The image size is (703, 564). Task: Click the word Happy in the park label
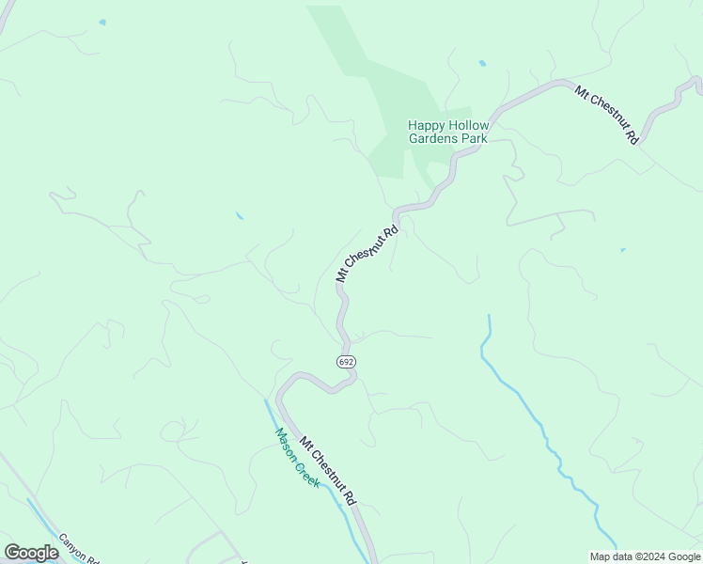pos(424,125)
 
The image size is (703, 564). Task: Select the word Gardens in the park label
pos(433,138)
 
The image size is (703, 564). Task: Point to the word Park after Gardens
pos(474,138)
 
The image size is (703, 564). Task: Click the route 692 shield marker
pos(347,362)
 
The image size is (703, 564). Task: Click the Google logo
pos(31,553)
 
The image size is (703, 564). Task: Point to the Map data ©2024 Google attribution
pos(646,556)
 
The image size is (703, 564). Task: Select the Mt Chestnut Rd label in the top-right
pos(607,114)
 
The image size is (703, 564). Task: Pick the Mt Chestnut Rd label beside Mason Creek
pos(328,471)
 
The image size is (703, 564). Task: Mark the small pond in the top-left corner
pos(102,22)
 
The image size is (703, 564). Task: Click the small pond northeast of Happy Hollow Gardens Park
pos(482,63)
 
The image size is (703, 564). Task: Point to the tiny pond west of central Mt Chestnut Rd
pos(240,216)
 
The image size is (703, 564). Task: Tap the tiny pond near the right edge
pos(622,250)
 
